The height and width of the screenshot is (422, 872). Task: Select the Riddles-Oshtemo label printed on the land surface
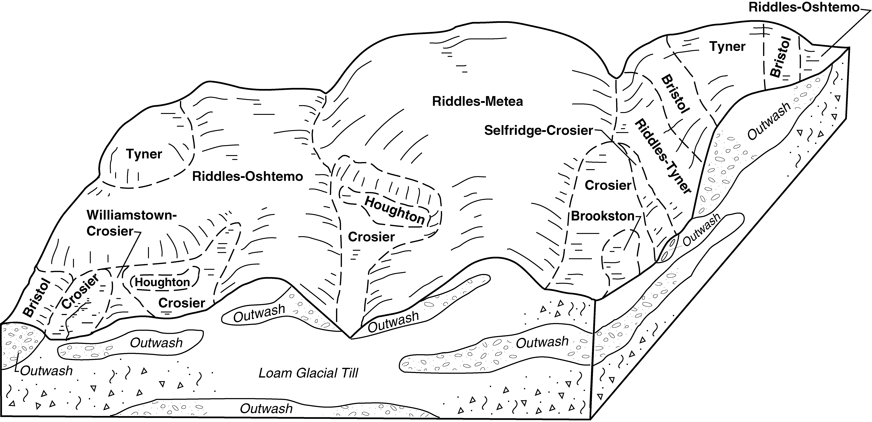coord(247,177)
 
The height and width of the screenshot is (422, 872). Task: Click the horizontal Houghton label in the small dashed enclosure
coord(163,282)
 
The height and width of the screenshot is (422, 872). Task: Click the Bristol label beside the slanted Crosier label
coord(37,298)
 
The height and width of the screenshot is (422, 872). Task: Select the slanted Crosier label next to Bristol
coord(80,291)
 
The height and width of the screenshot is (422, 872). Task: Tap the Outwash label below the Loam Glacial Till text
coord(266,409)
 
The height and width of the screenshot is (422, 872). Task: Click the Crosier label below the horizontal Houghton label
coord(182,303)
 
